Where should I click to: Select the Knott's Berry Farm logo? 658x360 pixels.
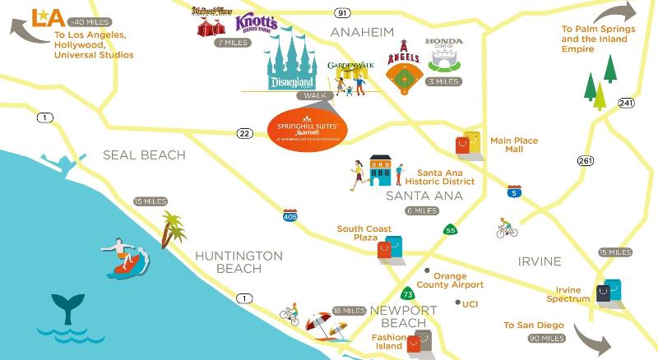pyautogui.click(x=256, y=23)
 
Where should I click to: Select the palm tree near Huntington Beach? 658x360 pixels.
pyautogui.click(x=173, y=228)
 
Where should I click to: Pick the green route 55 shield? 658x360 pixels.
pyautogui.click(x=450, y=231)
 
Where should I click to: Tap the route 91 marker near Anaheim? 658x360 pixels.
pyautogui.click(x=343, y=13)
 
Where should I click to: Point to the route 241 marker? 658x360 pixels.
pyautogui.click(x=627, y=104)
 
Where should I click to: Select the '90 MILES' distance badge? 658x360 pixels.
pyautogui.click(x=545, y=339)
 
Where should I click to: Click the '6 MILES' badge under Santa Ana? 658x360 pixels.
pyautogui.click(x=421, y=211)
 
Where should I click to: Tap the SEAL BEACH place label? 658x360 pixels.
pyautogui.click(x=144, y=155)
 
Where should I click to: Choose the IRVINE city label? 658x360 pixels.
pyautogui.click(x=539, y=261)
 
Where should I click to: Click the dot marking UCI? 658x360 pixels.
pyautogui.click(x=456, y=302)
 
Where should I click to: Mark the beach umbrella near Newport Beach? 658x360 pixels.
pyautogui.click(x=322, y=324)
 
